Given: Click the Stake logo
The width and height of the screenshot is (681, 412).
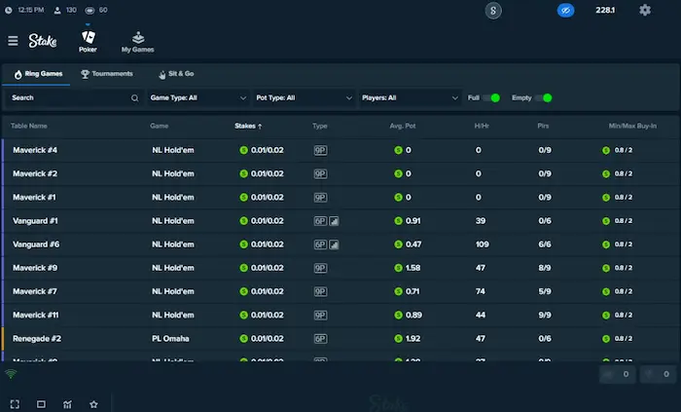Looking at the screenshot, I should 42,41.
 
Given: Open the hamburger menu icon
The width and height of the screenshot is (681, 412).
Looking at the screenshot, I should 13,41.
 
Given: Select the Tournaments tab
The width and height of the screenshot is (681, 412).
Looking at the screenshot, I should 107,73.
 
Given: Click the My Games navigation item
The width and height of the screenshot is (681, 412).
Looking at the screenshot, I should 137,42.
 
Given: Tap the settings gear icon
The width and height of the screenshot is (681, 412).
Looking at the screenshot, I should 645,10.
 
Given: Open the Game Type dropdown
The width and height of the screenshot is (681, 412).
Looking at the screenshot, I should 198,97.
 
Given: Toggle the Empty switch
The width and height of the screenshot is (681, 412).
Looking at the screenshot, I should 545,97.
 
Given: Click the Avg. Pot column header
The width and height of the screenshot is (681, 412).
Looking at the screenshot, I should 403,126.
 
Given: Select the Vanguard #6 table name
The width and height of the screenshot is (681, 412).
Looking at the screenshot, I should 36,244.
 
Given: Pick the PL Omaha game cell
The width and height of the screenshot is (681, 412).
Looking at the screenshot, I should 170,338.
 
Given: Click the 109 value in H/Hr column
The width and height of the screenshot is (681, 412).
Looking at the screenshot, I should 482,244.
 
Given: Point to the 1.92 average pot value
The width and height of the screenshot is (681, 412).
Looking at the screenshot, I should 412,338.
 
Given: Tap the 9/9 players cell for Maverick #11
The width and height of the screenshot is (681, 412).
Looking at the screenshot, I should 544,315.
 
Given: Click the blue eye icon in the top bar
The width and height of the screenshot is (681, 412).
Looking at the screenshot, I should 566,10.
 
